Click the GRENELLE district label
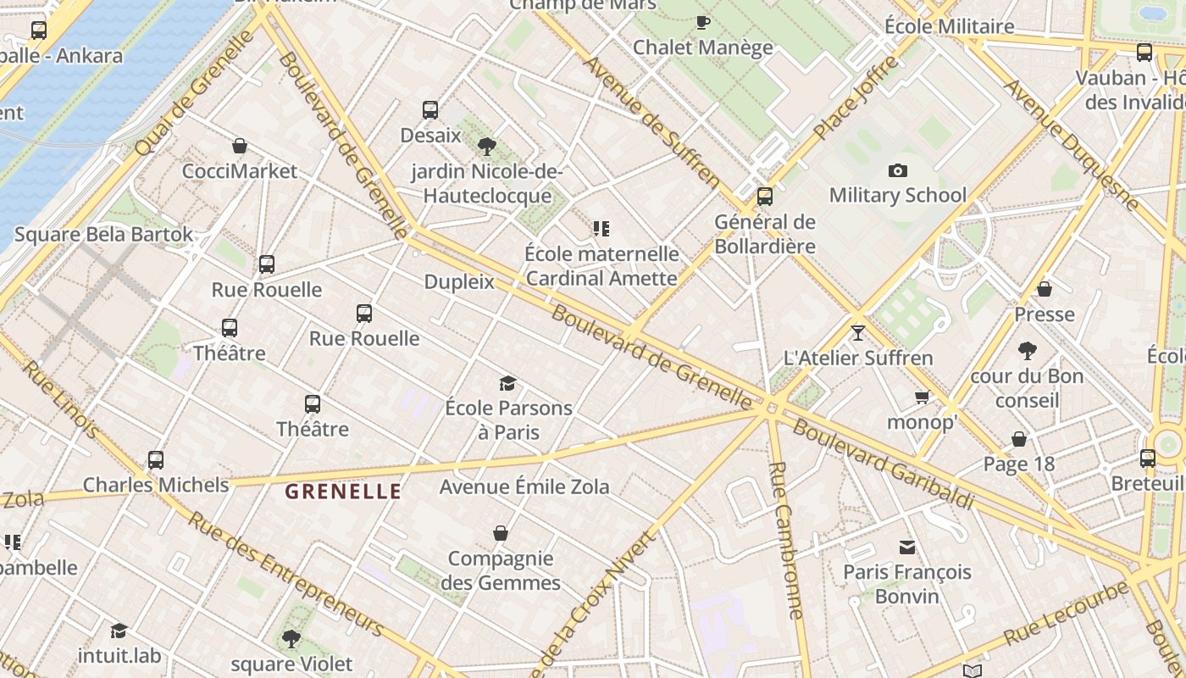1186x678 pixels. (x=343, y=491)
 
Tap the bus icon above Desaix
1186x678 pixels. (x=430, y=109)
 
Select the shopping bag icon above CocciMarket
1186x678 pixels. (x=240, y=146)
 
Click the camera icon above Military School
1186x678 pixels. (x=898, y=170)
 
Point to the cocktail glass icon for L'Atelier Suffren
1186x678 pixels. (x=858, y=332)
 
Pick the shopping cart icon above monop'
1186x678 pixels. (x=922, y=397)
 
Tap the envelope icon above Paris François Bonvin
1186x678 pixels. (x=907, y=547)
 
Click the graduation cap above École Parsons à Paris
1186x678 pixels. (x=507, y=383)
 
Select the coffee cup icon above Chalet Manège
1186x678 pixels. (x=702, y=22)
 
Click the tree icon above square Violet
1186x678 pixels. (x=291, y=638)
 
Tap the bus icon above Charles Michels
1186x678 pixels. (x=156, y=460)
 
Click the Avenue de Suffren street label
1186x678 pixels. (x=651, y=122)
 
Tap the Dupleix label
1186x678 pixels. (x=459, y=282)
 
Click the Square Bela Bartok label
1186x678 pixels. (x=104, y=235)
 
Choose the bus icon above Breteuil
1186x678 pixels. (x=1148, y=458)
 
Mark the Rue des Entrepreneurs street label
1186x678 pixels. (x=286, y=574)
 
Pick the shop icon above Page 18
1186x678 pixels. (x=1019, y=439)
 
